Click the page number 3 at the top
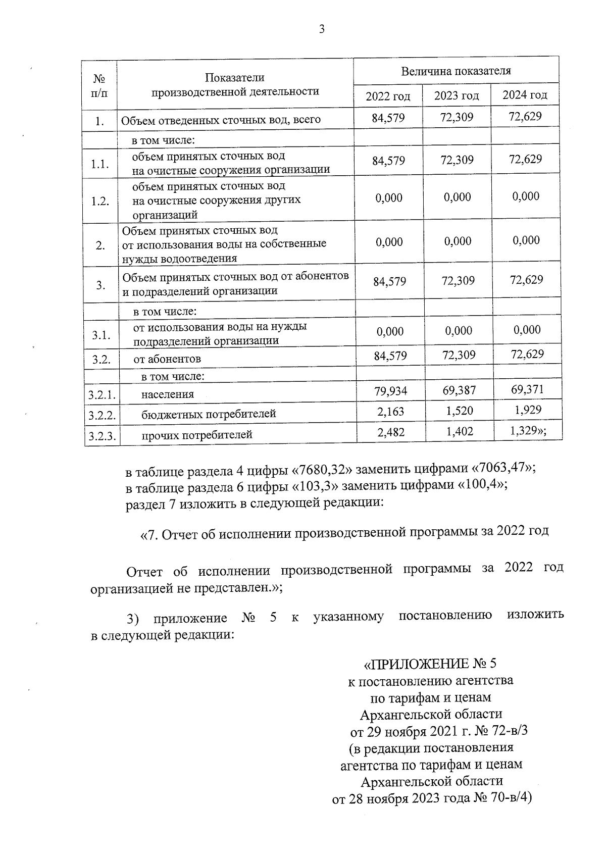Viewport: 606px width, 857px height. coord(322,30)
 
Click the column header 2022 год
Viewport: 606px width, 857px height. coord(388,96)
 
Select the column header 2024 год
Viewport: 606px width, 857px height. coord(525,95)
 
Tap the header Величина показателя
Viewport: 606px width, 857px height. coord(456,71)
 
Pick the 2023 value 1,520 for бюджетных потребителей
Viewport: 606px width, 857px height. coord(459,411)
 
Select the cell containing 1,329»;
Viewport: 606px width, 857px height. coord(527,430)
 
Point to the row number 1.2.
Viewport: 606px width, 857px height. coord(100,201)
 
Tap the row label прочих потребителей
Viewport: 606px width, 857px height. coord(196,435)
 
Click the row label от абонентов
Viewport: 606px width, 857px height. coord(167,359)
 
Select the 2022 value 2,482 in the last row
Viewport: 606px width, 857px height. coord(390,432)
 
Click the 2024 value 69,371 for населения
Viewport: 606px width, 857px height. coord(527,389)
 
